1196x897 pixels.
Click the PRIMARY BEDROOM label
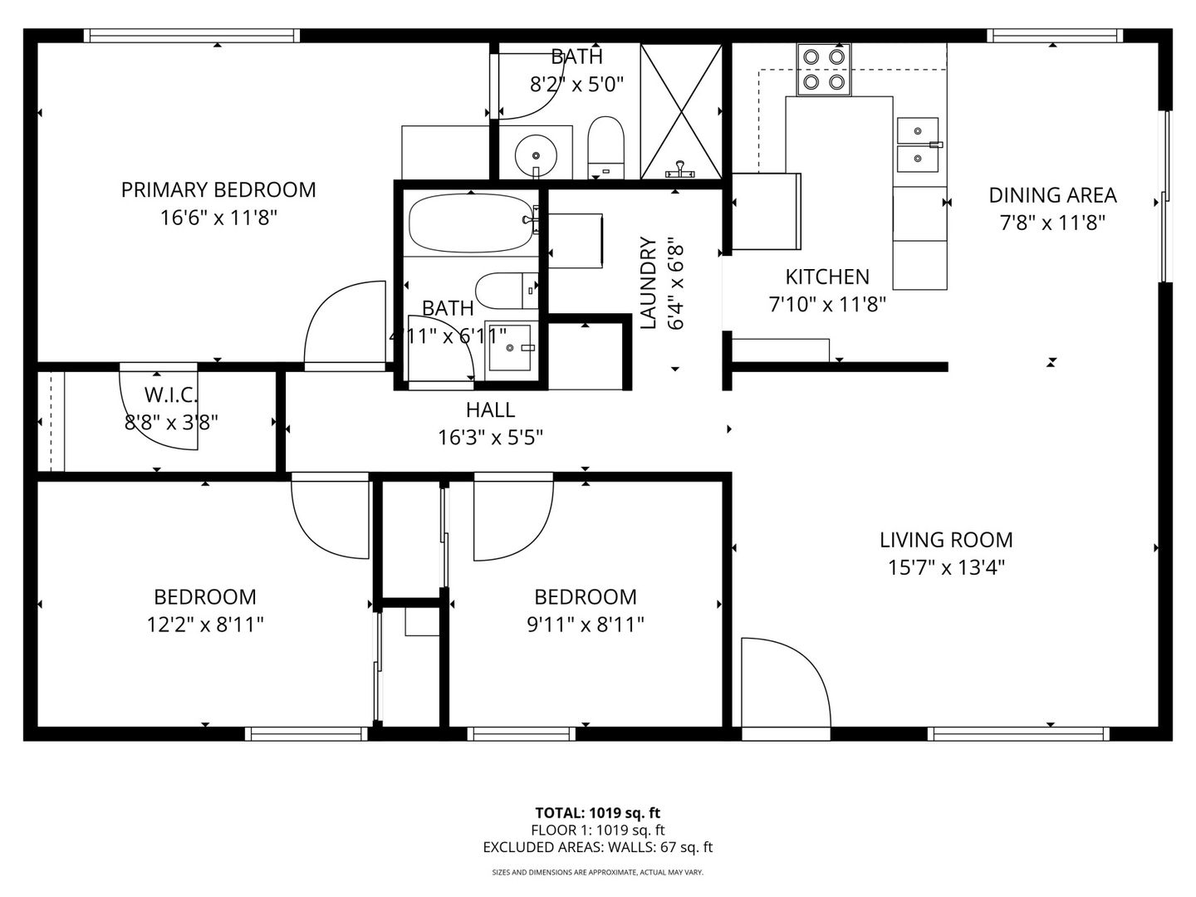[218, 190]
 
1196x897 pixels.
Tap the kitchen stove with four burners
[824, 70]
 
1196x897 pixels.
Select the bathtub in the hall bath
[471, 223]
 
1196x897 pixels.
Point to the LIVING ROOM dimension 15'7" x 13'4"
[946, 568]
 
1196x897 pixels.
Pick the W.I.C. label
[171, 395]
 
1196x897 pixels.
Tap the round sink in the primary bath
[537, 155]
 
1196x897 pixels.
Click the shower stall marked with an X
[681, 111]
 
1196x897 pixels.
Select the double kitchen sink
[918, 145]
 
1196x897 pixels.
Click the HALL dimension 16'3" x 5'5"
[491, 438]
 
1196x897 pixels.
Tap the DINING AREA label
[1052, 195]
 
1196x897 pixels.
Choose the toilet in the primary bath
[606, 147]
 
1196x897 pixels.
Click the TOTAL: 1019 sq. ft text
[598, 813]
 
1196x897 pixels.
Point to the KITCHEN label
[827, 277]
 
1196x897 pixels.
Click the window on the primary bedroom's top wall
[192, 36]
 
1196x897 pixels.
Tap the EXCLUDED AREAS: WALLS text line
[598, 847]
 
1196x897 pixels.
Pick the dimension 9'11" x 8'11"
[586, 625]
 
